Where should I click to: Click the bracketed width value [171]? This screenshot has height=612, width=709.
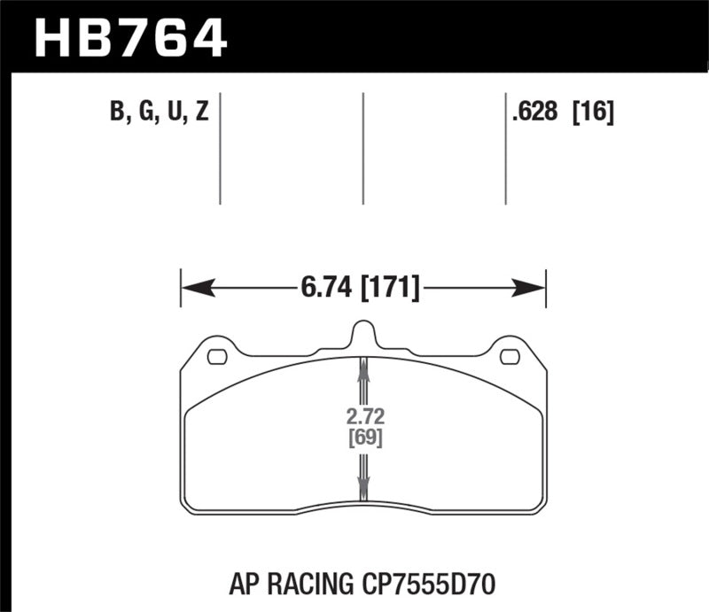[390, 287]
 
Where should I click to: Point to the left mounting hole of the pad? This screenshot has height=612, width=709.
[215, 357]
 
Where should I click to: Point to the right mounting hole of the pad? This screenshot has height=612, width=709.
[510, 357]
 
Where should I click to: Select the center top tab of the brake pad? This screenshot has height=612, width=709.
[363, 335]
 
